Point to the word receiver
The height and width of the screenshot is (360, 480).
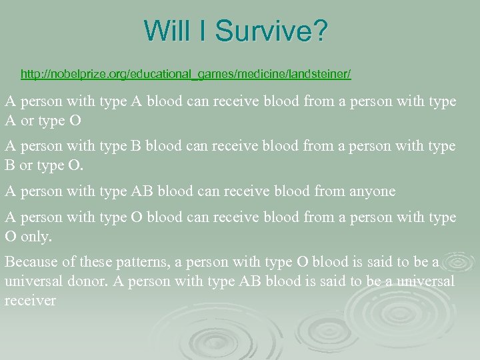31,301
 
